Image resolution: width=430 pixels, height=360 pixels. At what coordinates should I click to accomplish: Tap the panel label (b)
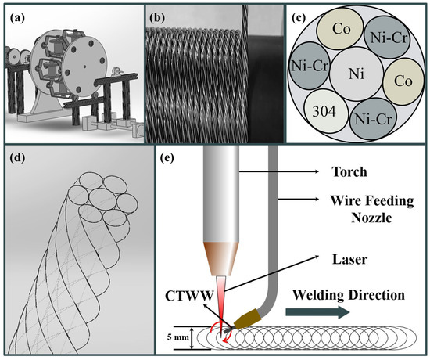tap(154, 14)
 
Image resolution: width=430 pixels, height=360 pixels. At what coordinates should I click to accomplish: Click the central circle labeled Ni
tap(357, 75)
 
